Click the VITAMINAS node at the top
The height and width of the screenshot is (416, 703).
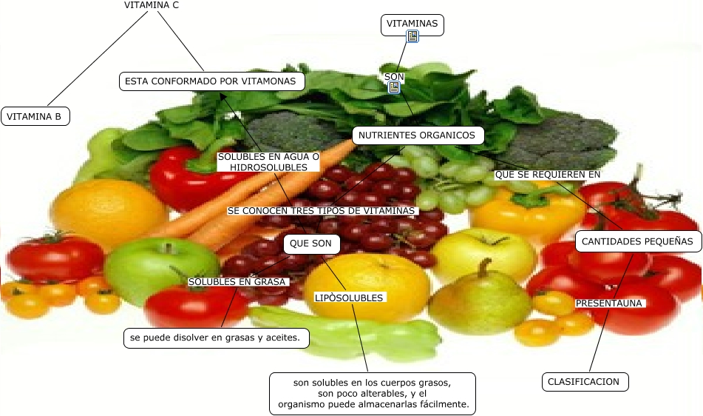[412, 24]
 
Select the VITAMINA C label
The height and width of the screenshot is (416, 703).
[151, 5]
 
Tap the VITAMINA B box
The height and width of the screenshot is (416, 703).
[35, 116]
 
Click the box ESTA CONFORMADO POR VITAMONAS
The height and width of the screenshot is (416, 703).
[212, 81]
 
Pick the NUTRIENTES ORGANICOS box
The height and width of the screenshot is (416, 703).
[418, 135]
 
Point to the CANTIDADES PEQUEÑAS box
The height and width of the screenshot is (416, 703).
[638, 241]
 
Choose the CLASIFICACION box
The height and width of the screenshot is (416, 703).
[585, 382]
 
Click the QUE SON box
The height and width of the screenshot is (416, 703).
[312, 244]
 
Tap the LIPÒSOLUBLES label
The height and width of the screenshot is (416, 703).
[349, 298]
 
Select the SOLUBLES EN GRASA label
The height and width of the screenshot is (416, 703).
[237, 281]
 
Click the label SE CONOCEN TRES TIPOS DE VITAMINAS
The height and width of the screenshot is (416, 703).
[322, 211]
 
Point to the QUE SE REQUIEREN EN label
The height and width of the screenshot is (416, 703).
[547, 175]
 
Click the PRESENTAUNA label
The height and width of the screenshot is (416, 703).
[610, 303]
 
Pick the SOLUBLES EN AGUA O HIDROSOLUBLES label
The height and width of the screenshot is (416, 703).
[268, 162]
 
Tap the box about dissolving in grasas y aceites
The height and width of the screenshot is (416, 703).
[215, 338]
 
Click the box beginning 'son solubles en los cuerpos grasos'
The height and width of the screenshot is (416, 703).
[373, 393]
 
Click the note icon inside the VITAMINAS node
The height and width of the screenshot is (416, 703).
[413, 36]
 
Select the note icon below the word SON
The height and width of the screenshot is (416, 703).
[394, 87]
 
